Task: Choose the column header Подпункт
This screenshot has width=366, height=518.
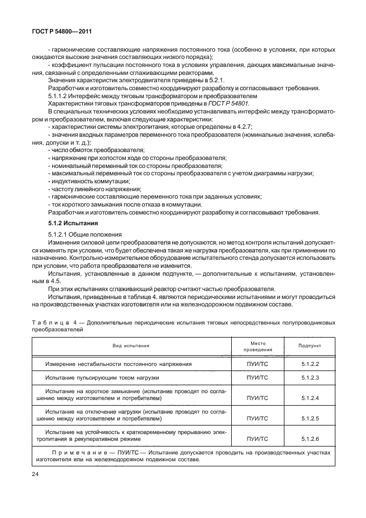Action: (x=310, y=346)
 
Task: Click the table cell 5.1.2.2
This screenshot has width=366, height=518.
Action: (x=310, y=364)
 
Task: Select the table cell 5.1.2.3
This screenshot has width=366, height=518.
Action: (x=310, y=377)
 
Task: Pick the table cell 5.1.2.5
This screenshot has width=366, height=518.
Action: (x=310, y=419)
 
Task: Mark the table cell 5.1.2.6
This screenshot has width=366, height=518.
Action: (x=310, y=439)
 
